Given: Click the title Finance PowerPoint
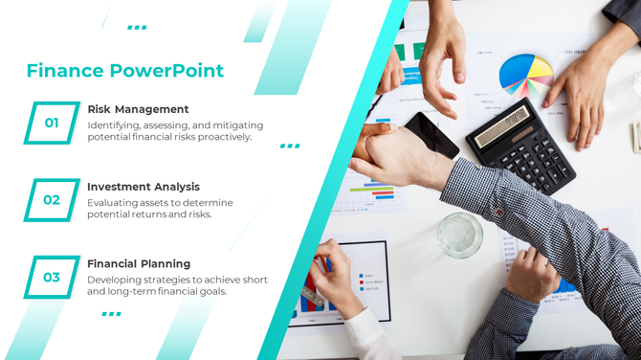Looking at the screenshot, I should (124, 71).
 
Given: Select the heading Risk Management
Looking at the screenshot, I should (138, 109).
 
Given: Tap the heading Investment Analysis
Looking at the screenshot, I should (144, 187).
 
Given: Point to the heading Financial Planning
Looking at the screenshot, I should (139, 263).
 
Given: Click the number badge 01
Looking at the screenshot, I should (52, 123).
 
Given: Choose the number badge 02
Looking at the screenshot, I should (52, 200).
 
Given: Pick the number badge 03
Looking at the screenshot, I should (52, 278).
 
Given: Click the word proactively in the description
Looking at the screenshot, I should (224, 137).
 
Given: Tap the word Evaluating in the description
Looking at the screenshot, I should (112, 203).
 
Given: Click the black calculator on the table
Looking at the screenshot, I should (520, 144).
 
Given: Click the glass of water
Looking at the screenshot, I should (459, 235).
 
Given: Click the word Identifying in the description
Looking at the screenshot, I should (115, 125).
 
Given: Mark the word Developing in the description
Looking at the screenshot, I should (114, 280).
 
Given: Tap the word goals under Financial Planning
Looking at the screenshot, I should (210, 291).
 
